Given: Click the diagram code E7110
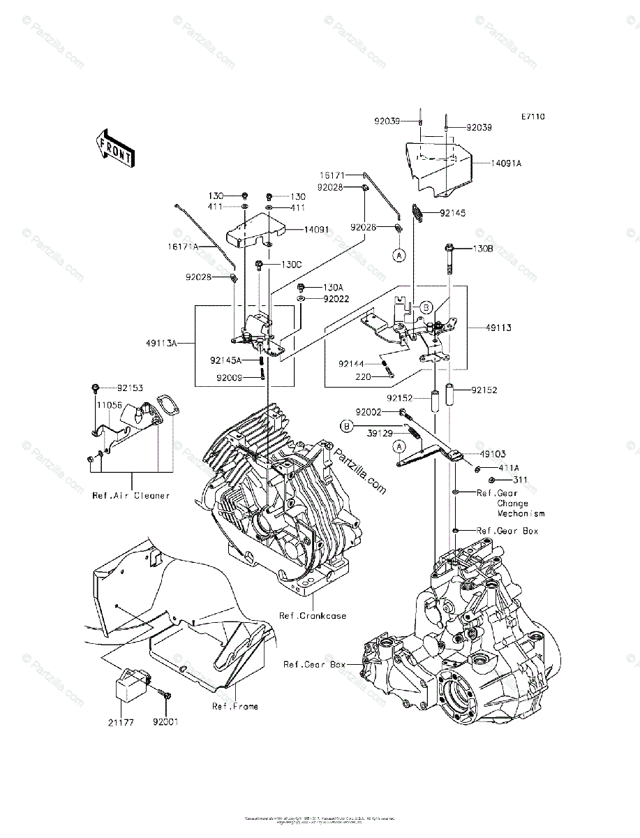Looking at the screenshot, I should tap(531, 117).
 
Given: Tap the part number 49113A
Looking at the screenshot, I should tap(161, 343).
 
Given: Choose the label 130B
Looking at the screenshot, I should tap(483, 248).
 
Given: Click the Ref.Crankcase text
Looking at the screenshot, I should tap(313, 616).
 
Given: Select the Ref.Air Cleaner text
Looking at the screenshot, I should tap(131, 495).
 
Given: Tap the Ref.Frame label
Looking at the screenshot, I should tap(235, 706).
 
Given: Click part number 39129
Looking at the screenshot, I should tap(381, 432).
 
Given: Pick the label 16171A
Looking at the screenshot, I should tap(182, 247).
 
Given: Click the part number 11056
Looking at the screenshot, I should tap(108, 404).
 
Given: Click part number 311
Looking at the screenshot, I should tap(520, 480).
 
